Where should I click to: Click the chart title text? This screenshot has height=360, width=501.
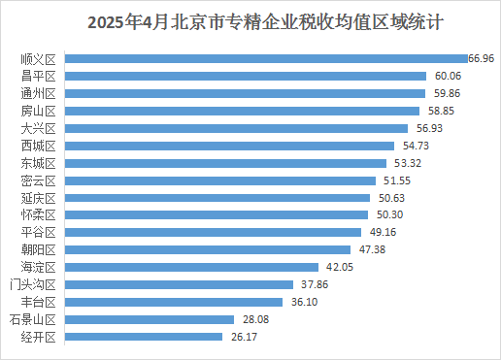point(250,20)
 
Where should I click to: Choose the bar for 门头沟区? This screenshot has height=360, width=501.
point(178,284)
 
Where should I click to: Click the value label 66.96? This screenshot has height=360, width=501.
point(482,58)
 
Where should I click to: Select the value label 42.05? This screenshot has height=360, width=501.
point(338,267)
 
